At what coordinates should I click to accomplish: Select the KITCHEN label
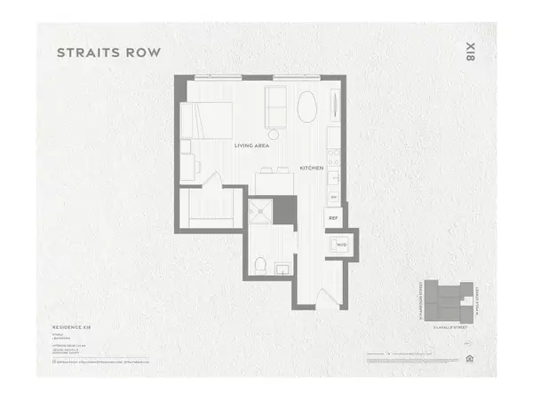[x=311, y=167]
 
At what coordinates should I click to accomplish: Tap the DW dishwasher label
[x=334, y=196]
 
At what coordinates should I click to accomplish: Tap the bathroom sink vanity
[x=282, y=266]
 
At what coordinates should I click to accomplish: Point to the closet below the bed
[x=210, y=211]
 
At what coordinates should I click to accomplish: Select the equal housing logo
[x=468, y=359]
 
